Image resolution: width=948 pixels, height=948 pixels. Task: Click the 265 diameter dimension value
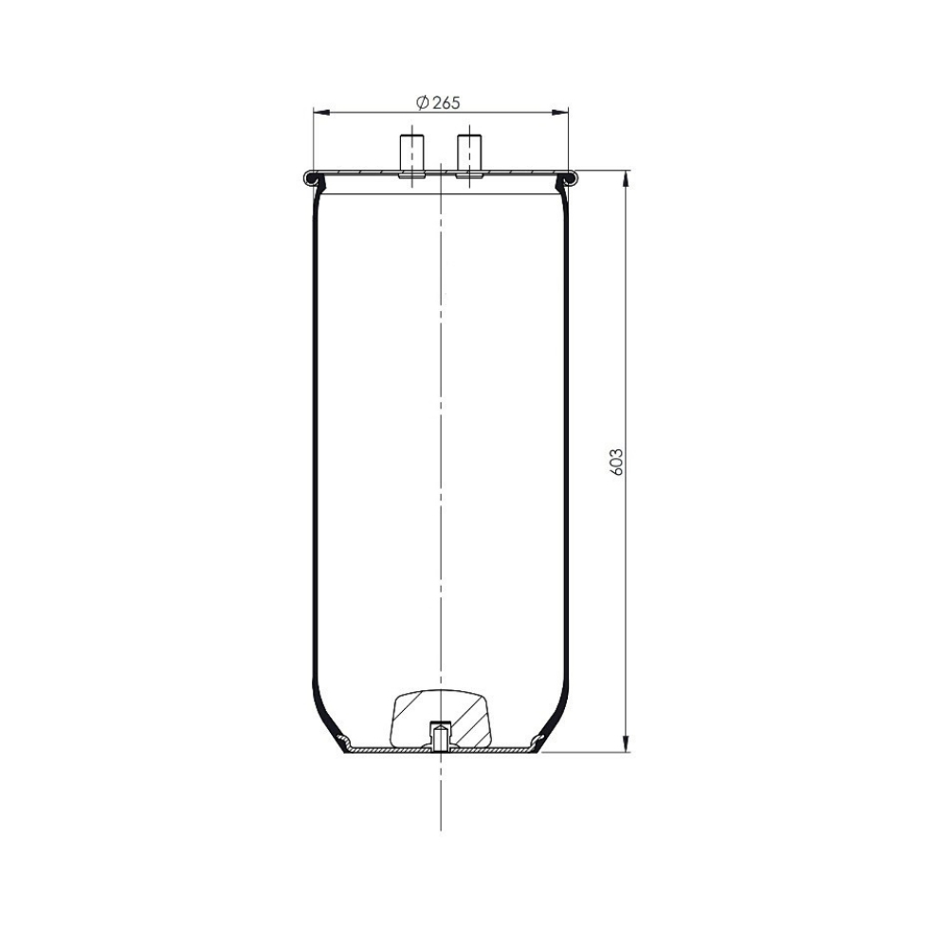tap(447, 102)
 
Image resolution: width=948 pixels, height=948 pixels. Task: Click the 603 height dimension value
tap(617, 462)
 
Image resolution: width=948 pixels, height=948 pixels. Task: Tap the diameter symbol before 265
tap(423, 102)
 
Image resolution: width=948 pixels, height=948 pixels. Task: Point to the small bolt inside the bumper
tap(440, 736)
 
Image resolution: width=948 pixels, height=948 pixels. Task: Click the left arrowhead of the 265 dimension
tap(321, 112)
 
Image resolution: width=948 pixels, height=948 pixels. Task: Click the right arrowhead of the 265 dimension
tap(561, 112)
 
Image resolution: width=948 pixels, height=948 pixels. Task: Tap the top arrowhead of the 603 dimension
tap(626, 179)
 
